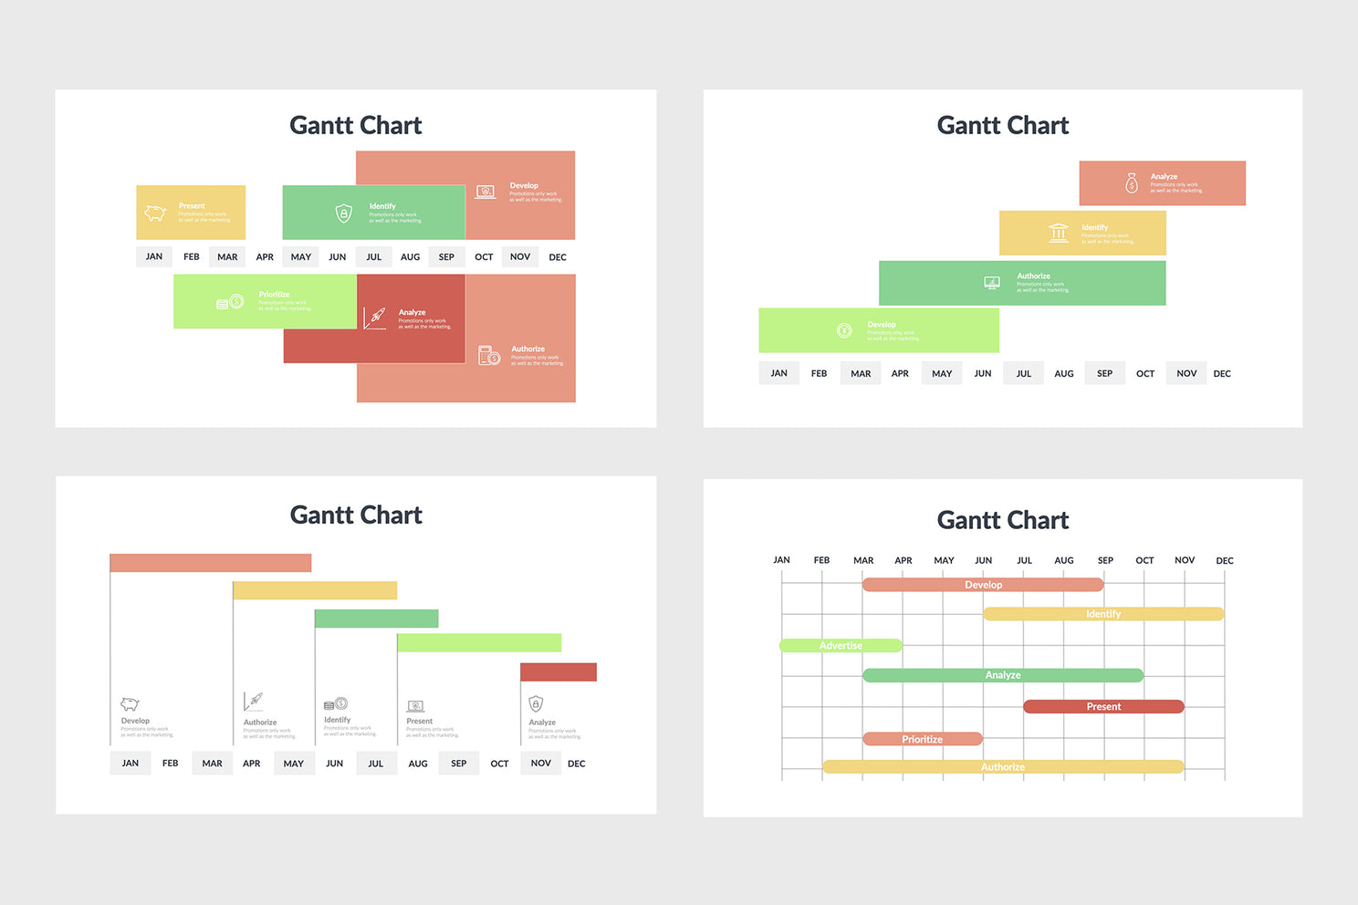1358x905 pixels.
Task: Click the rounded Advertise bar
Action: tap(841, 646)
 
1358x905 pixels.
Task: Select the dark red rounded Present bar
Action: tap(1103, 707)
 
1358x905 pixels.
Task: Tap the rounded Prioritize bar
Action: tap(922, 739)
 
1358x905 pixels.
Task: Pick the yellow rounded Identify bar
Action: tap(1103, 614)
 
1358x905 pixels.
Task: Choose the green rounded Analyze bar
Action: tap(1002, 675)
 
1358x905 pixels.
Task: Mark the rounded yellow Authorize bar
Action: tap(1002, 767)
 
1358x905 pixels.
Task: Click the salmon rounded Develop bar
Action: tap(983, 585)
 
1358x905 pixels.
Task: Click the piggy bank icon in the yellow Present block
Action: tap(155, 213)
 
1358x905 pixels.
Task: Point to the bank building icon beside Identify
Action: tap(1058, 233)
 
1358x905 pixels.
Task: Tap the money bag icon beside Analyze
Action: tap(1132, 182)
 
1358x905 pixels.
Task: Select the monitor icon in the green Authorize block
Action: tap(992, 283)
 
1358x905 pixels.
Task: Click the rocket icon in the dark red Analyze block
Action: tap(375, 317)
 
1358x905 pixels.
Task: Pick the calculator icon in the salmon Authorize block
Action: tap(489, 355)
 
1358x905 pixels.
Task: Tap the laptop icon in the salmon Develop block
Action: tap(486, 192)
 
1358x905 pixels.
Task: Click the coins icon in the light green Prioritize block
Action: tap(230, 302)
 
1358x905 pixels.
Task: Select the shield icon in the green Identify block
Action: tap(343, 213)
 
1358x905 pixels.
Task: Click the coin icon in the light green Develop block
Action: tap(844, 330)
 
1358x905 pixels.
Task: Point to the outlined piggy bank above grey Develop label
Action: tap(130, 704)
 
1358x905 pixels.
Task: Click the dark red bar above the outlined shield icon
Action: tap(558, 672)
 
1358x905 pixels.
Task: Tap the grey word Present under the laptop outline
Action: tap(420, 722)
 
